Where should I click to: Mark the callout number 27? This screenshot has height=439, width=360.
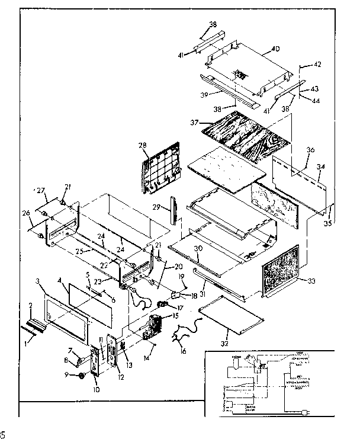(41, 191)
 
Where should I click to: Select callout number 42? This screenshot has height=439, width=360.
(317, 65)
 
